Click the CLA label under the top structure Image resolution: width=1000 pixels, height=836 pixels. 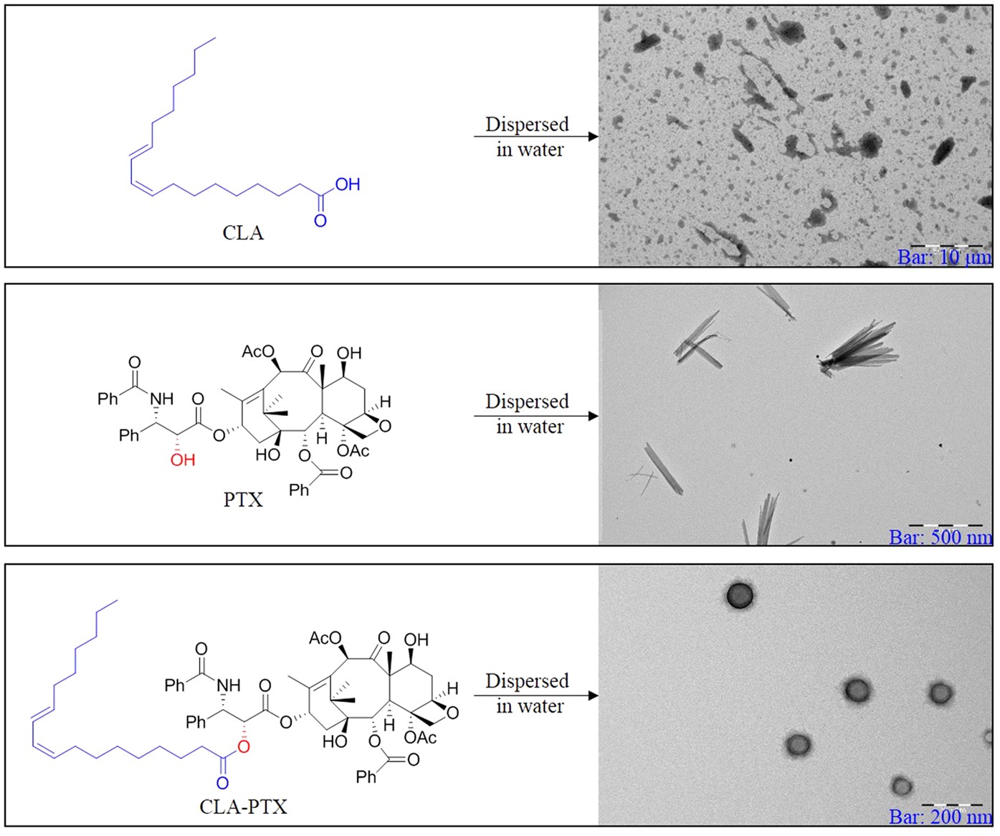[243, 233]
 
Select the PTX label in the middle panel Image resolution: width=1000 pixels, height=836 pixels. [243, 500]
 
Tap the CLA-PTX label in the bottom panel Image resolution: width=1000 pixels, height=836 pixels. [243, 807]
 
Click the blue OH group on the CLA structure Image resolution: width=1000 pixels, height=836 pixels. [348, 185]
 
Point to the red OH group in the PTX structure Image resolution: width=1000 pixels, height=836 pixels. [182, 460]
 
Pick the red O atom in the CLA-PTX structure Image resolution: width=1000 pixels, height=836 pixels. [244, 748]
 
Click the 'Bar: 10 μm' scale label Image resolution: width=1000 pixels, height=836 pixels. [944, 257]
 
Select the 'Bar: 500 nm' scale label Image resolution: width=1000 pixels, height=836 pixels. [941, 537]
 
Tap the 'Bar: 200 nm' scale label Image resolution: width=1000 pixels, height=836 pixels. [941, 817]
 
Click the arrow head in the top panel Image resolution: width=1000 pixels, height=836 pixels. [593, 136]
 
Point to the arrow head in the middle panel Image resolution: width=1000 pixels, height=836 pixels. [593, 416]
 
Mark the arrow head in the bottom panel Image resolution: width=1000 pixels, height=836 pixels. [593, 695]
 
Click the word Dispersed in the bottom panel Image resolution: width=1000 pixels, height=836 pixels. [527, 680]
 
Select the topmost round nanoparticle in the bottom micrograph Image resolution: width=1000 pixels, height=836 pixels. [740, 595]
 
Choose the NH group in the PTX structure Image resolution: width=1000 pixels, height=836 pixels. [162, 399]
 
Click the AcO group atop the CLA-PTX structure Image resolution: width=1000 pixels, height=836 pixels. [325, 638]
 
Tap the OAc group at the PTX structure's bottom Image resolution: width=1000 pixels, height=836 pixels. [353, 451]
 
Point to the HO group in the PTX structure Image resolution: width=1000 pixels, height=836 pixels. [267, 455]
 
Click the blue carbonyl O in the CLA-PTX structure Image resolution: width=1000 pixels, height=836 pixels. [223, 783]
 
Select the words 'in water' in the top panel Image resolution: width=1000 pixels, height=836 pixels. [530, 150]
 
